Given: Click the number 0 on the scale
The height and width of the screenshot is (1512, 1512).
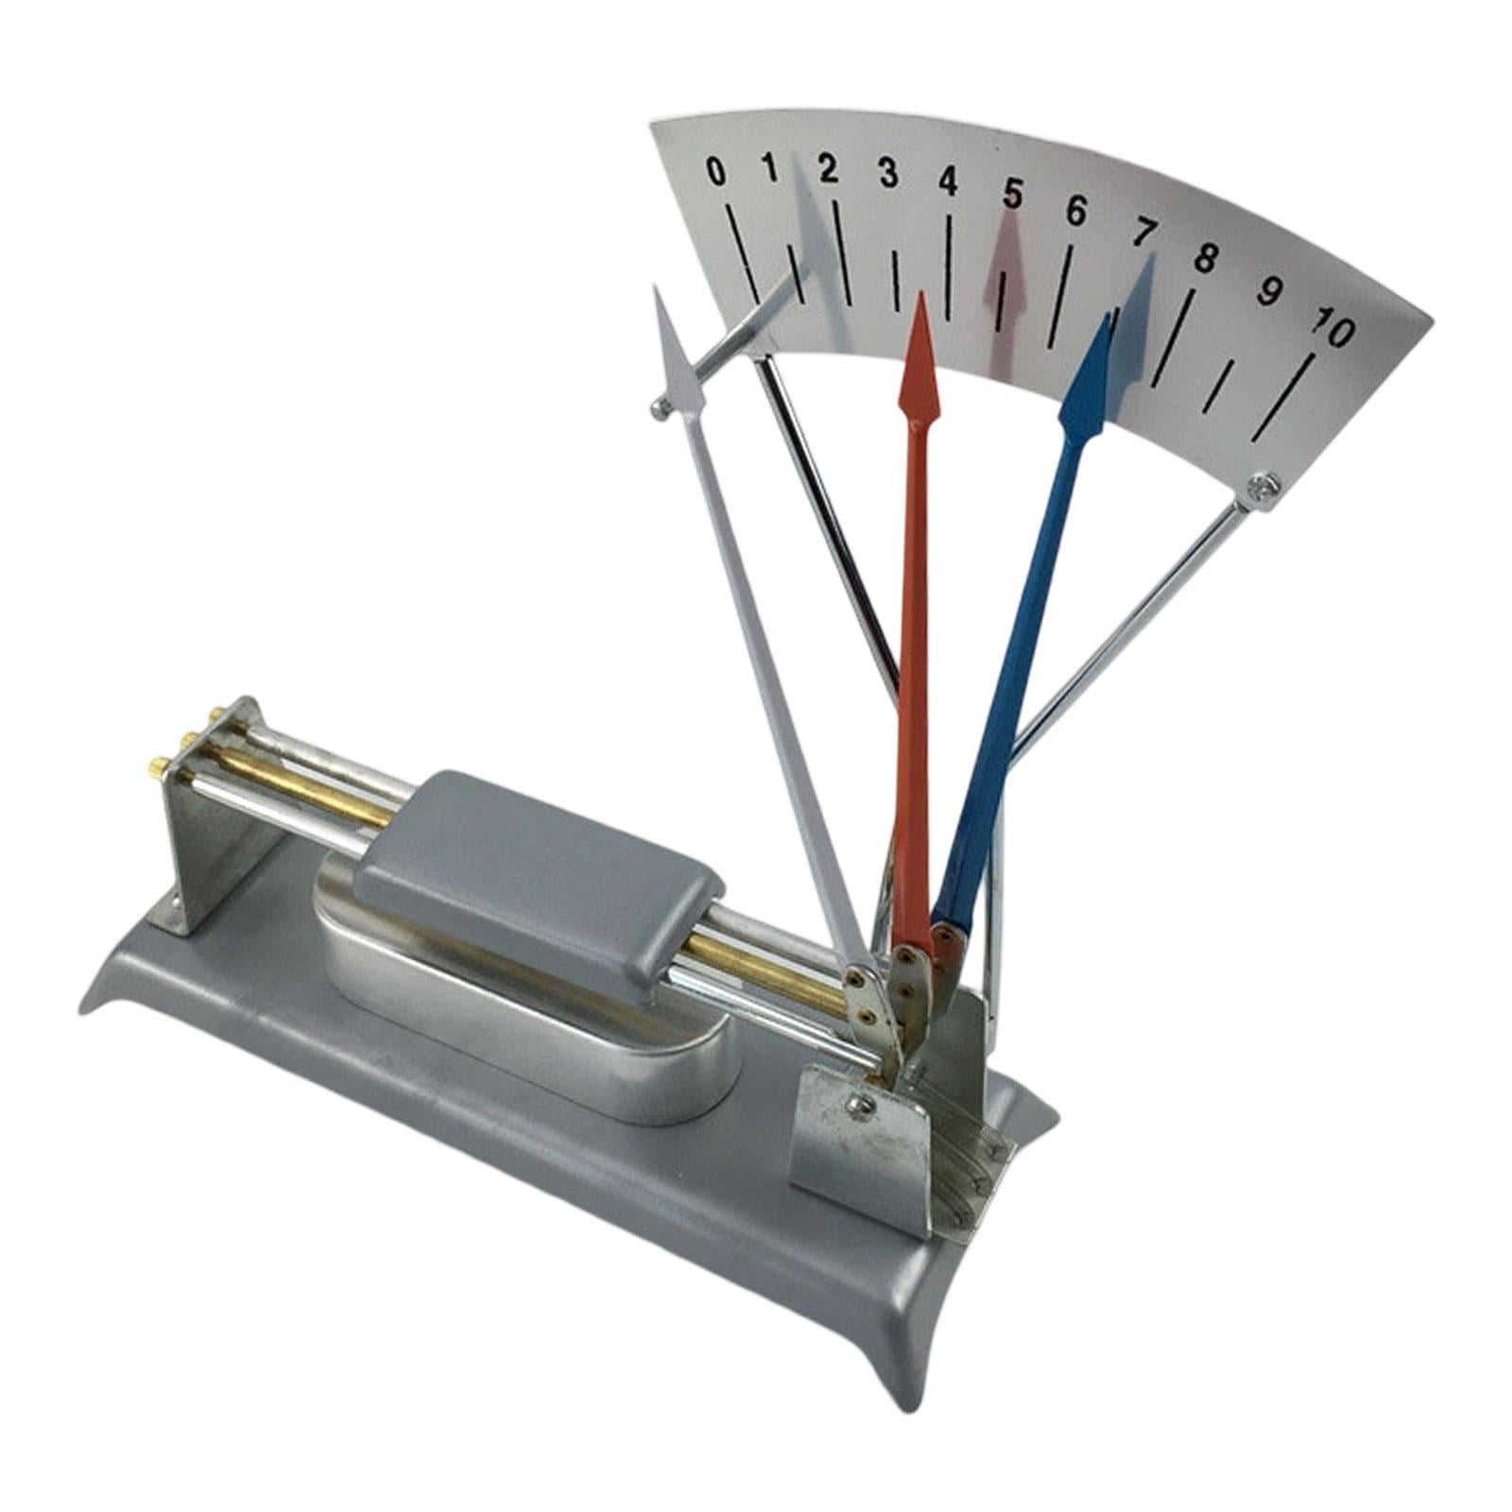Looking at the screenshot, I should pos(717,173).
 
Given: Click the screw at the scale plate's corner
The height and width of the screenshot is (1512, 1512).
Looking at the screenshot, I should pos(1263,488).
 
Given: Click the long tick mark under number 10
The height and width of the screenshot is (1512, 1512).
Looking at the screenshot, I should pos(1283,397).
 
